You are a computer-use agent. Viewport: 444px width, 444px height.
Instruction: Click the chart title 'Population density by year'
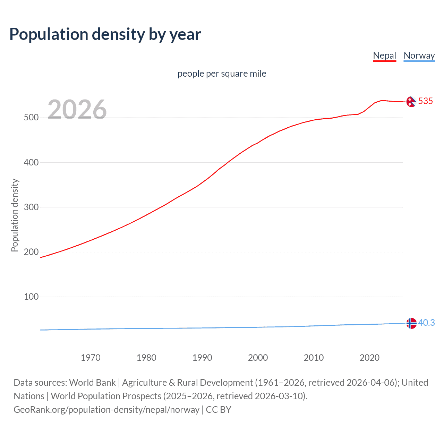tap(105, 34)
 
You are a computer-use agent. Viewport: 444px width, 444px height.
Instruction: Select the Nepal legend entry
tap(384, 55)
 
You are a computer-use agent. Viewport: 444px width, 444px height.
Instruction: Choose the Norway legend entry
tap(419, 55)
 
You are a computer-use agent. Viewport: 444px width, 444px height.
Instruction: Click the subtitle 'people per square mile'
tap(222, 74)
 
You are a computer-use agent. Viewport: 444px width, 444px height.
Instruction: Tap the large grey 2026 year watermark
tap(77, 110)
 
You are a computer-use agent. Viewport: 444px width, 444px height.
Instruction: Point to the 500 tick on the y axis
tap(31, 118)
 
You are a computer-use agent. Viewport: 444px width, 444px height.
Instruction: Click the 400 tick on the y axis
tap(31, 162)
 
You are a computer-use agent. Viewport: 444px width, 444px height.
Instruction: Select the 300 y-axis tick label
tap(31, 207)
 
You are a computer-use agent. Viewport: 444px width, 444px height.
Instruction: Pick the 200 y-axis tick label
tap(31, 252)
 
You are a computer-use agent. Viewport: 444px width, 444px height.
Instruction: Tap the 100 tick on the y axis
tap(31, 297)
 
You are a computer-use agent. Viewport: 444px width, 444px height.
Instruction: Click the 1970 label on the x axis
tap(91, 358)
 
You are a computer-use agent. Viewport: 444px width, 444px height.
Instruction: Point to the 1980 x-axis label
tap(146, 358)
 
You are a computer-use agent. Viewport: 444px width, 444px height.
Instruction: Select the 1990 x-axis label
tap(202, 358)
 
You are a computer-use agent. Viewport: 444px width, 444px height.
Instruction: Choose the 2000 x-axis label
tap(258, 358)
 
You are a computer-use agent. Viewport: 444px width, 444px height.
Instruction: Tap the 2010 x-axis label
tap(314, 358)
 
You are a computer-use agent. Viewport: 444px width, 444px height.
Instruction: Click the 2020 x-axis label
tap(370, 358)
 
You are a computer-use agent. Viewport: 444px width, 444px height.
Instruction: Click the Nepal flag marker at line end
tap(411, 102)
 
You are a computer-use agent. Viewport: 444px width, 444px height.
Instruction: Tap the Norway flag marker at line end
tap(411, 323)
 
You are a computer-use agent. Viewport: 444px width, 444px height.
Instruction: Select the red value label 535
tap(426, 101)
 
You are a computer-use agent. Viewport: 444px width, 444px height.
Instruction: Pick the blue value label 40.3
tap(426, 323)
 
